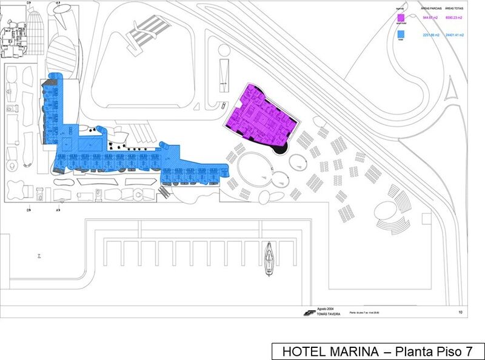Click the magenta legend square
point(400,18)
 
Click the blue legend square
point(400,36)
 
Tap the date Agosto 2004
point(326,309)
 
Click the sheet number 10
point(460,313)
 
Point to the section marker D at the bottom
point(28,210)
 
